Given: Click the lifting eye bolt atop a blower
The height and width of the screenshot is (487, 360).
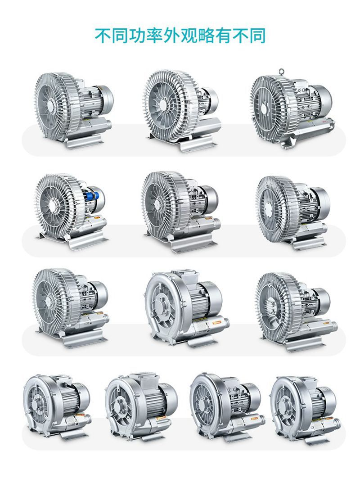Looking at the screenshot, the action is coord(281,71).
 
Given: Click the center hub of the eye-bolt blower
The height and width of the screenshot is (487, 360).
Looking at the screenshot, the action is coord(264,109).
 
